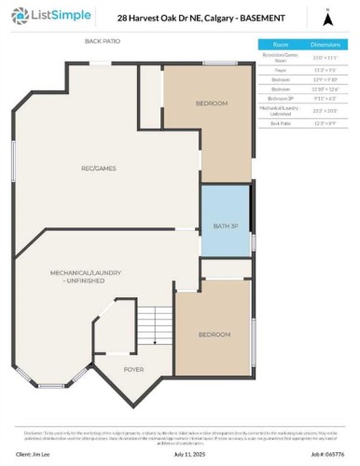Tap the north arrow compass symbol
pyautogui.click(x=326, y=17)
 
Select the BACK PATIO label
pyautogui.click(x=104, y=42)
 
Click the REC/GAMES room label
pyautogui.click(x=97, y=168)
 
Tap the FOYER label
pyautogui.click(x=134, y=369)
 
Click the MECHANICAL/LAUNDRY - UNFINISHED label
pyautogui.click(x=86, y=276)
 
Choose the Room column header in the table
pyautogui.click(x=280, y=44)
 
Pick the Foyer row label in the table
pyautogui.click(x=280, y=69)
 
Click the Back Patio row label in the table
pyautogui.click(x=280, y=122)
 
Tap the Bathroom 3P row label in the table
pyautogui.click(x=280, y=97)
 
